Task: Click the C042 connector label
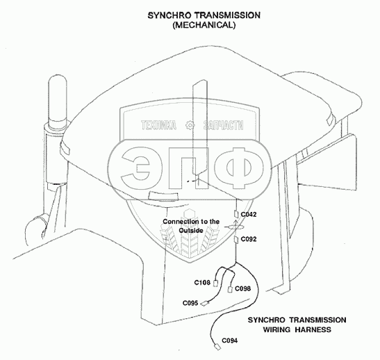[x=249, y=215]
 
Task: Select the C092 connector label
[x=249, y=239]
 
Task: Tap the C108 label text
[x=202, y=283]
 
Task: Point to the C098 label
[x=243, y=288]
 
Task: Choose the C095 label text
[x=190, y=303]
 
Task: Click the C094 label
[x=230, y=341]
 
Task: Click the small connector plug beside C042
[x=236, y=214]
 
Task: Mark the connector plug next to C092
[x=236, y=240]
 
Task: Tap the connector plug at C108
[x=215, y=283]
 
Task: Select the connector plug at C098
[x=230, y=289]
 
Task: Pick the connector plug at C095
[x=205, y=303]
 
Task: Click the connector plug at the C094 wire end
[x=217, y=347]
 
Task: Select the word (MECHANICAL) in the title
[x=204, y=25]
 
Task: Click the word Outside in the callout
[x=191, y=230]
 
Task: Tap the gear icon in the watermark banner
[x=190, y=125]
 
